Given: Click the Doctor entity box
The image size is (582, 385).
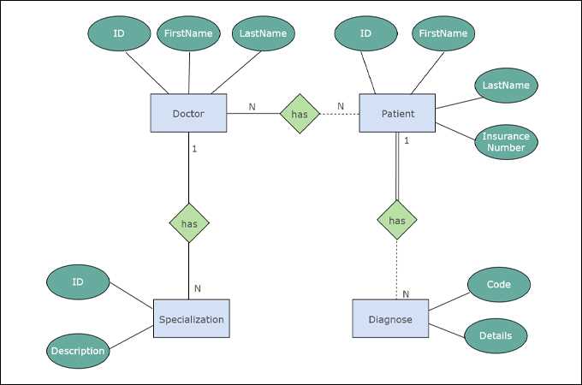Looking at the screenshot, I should [188, 113].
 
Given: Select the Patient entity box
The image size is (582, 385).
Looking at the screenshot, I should [398, 113].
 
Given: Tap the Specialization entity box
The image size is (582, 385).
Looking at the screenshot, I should [192, 319].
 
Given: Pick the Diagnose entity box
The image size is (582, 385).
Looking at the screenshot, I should [390, 319].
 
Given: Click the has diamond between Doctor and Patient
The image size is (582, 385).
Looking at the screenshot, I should [300, 113].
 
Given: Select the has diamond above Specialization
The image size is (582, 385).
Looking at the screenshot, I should [189, 223].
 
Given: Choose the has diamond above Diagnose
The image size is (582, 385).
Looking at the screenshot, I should [397, 220].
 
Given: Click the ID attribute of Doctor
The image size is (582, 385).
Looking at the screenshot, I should [120, 33].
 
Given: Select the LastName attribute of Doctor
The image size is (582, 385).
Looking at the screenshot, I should [263, 33].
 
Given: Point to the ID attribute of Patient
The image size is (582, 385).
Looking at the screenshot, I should [365, 33].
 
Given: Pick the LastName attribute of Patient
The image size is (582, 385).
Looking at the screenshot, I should [505, 86].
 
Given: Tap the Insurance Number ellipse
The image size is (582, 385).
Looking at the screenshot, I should [506, 141].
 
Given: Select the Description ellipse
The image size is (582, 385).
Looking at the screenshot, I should [77, 351].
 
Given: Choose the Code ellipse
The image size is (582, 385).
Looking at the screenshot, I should [499, 284].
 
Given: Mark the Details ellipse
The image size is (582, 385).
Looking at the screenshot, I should [496, 335].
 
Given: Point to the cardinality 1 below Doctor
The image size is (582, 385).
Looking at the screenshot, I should [194, 149].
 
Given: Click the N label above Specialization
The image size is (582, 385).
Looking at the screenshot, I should [197, 288].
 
